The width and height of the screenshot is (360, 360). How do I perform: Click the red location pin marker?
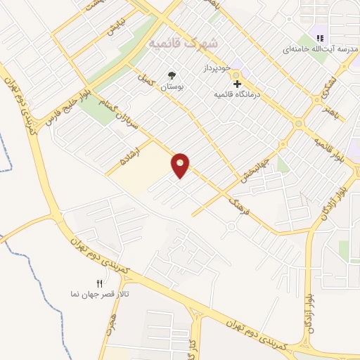181,165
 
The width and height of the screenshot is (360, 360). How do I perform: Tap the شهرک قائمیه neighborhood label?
184,44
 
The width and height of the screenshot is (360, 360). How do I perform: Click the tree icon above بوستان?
172,76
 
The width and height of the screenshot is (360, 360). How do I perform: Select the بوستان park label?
172,87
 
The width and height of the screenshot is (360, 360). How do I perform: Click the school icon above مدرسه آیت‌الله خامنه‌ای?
320,38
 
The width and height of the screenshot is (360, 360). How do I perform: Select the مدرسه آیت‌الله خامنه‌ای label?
316,49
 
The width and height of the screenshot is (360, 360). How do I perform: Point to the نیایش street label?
114,27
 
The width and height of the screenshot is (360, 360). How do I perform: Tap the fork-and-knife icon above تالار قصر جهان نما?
99,283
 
